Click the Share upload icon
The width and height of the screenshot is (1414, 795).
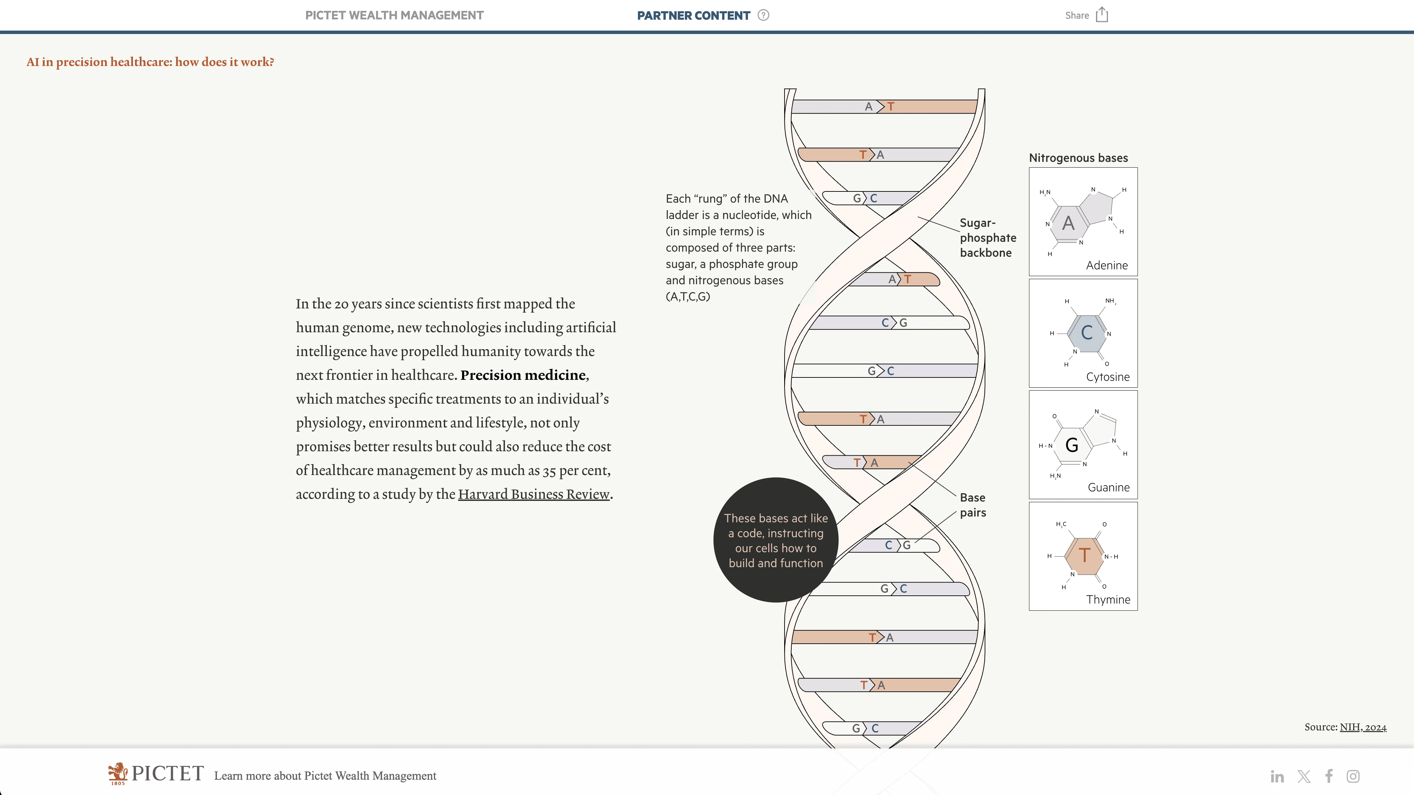tap(1102, 15)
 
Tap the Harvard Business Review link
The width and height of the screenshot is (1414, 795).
tap(534, 494)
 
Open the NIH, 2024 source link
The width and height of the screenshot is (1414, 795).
tap(1363, 727)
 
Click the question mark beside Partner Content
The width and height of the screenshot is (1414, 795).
tap(763, 15)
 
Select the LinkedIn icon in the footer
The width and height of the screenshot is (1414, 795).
tap(1277, 776)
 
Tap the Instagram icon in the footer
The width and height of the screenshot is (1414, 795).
tap(1353, 776)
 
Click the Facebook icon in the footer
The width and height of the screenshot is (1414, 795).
tap(1329, 776)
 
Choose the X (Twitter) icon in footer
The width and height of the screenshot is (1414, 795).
tap(1304, 776)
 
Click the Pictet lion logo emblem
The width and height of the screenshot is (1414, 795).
tap(117, 773)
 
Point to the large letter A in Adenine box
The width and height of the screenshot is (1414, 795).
tap(1067, 223)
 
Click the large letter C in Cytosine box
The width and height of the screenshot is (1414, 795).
tap(1086, 333)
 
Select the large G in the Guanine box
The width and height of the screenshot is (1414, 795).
tap(1072, 445)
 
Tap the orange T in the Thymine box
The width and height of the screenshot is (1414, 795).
tap(1084, 555)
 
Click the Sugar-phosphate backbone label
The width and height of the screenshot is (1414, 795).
tap(988, 238)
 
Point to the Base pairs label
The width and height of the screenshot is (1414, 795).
tap(973, 505)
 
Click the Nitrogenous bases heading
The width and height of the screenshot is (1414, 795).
tap(1078, 158)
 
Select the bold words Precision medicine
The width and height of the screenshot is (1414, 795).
tap(523, 375)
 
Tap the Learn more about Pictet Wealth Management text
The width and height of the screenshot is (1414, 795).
tap(325, 776)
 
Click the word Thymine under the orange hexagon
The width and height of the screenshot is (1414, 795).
tap(1108, 599)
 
